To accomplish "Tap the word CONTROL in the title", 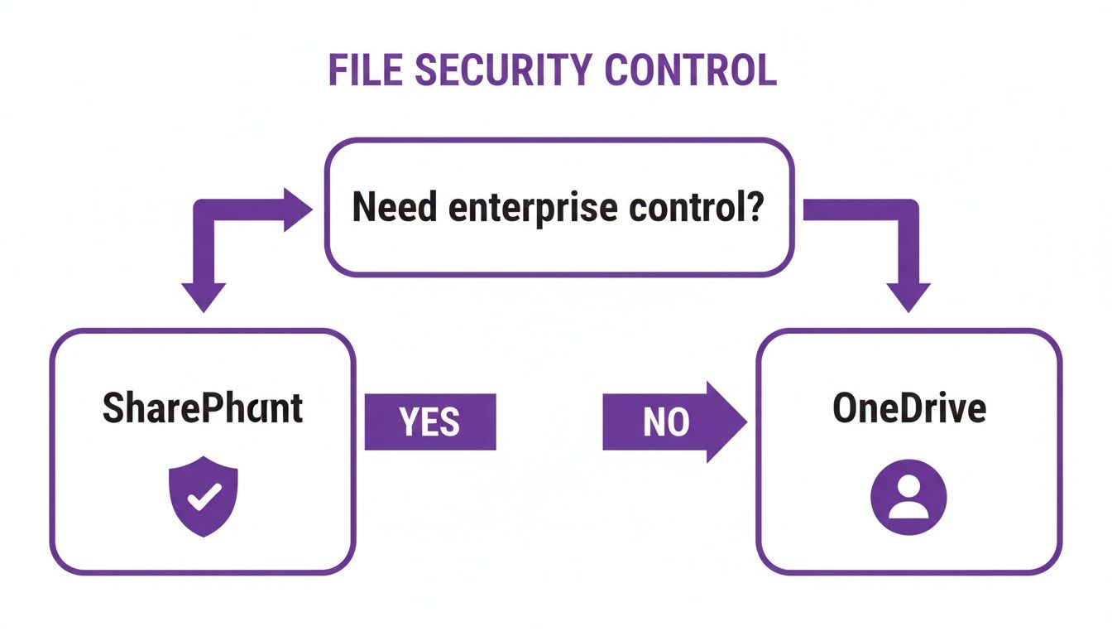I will coord(690,70).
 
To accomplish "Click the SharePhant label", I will coord(203,408).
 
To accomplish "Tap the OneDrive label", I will coord(908,408).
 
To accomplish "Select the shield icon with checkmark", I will coord(204,495).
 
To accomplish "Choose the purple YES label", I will coord(430,422).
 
